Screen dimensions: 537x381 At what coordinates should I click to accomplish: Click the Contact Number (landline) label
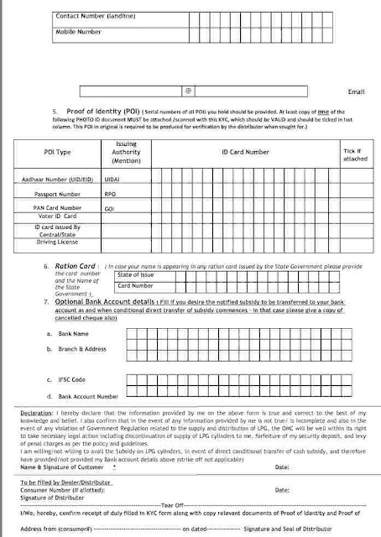pos(93,16)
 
